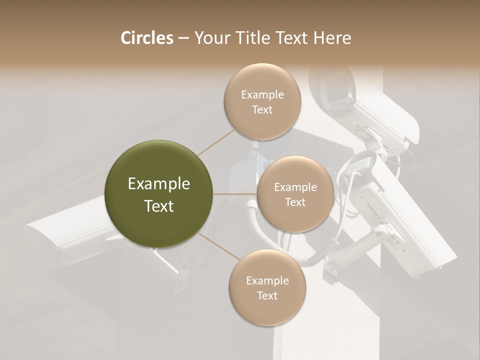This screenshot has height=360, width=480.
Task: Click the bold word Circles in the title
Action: coord(146,38)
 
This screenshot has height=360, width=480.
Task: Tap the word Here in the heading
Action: coord(332,38)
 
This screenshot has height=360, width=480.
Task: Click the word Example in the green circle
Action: coord(159,184)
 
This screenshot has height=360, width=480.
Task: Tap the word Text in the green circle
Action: coord(159,206)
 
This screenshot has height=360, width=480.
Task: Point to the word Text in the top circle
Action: coord(262,110)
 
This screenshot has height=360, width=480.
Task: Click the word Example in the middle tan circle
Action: coord(295,187)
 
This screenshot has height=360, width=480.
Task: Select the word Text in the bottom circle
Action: coord(267,295)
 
